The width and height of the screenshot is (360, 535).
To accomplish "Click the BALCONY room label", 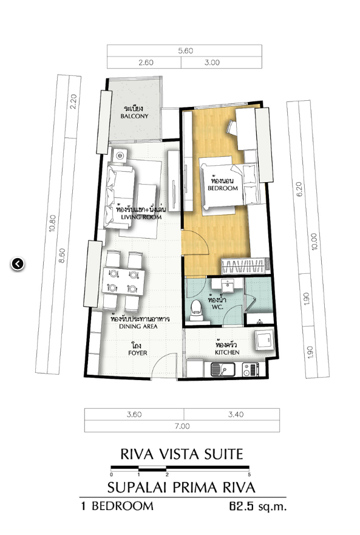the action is click(134, 116).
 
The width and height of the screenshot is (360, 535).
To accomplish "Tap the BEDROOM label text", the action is click(223, 188).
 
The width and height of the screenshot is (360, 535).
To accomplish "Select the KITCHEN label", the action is click(227, 352).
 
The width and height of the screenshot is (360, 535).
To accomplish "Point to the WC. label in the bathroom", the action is click(217, 307).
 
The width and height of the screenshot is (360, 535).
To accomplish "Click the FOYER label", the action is click(138, 353).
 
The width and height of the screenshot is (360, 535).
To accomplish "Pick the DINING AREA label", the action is click(138, 326).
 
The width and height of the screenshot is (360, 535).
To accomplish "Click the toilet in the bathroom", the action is click(196, 310).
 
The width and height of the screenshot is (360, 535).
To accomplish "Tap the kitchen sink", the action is click(222, 369).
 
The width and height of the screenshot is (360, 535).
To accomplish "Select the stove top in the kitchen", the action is click(250, 369).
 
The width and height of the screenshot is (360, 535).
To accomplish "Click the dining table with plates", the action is click(123, 282).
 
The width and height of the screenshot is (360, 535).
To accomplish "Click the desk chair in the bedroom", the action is click(231, 128).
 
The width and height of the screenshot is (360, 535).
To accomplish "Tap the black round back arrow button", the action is click(18, 264).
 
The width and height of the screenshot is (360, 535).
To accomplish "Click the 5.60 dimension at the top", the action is click(185, 51).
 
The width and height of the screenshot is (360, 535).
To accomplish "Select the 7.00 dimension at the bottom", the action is click(182, 426).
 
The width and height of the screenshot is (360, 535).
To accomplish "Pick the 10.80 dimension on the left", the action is click(52, 223).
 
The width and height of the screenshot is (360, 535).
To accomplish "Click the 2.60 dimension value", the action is click(146, 63).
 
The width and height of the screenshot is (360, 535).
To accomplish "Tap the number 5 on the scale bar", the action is click(250, 475).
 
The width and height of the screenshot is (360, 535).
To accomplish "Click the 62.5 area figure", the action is click(242, 506).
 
